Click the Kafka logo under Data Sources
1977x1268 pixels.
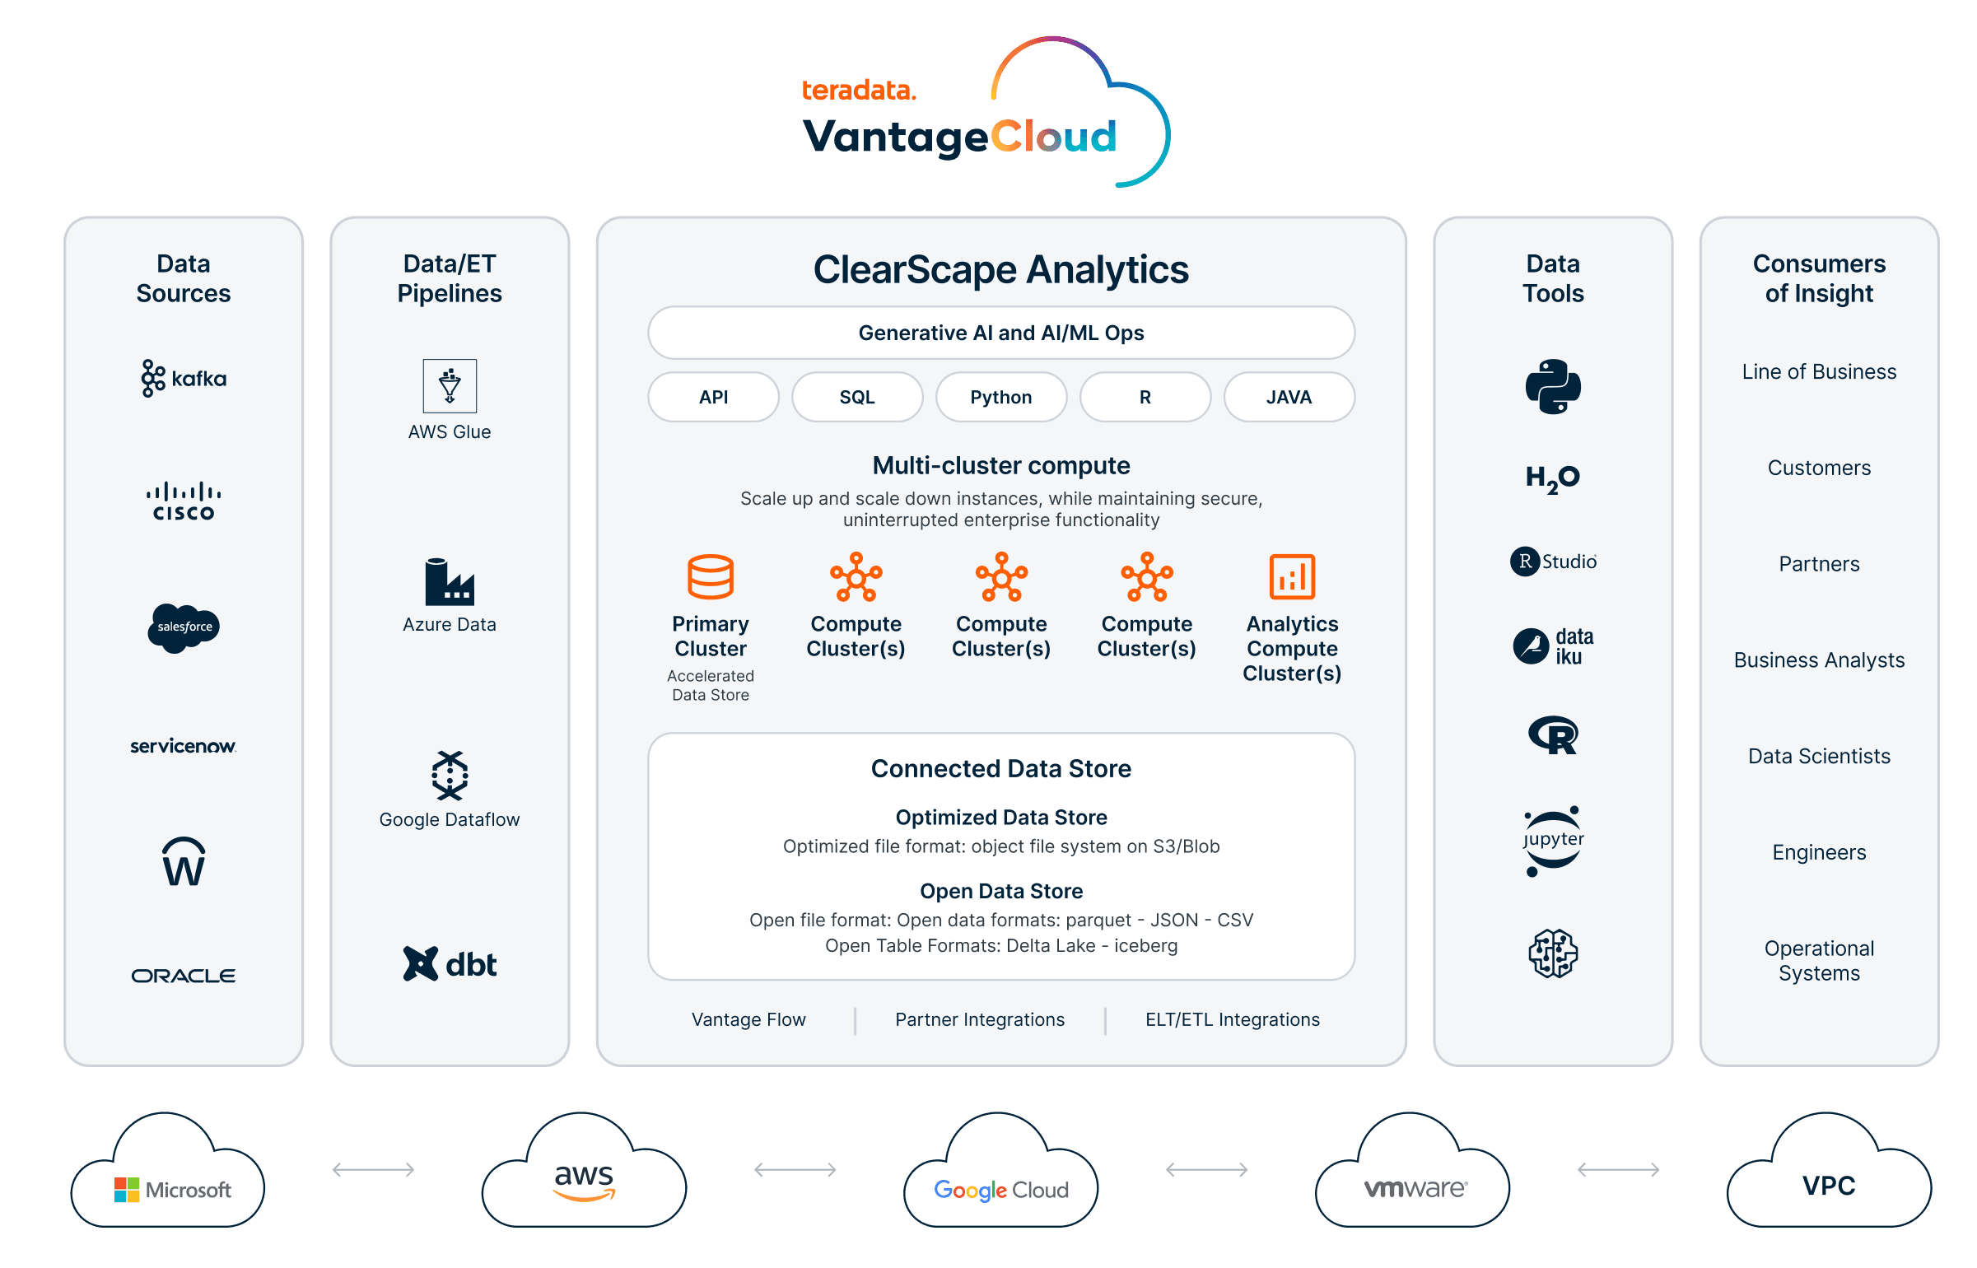(x=183, y=379)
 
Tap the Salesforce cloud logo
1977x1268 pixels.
(x=184, y=627)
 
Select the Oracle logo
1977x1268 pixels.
(x=184, y=976)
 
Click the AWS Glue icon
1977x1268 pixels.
(x=450, y=385)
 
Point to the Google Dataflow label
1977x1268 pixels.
(x=450, y=819)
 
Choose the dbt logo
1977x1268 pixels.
(x=450, y=964)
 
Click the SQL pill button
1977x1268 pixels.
(x=856, y=397)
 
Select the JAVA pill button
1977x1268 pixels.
(x=1289, y=397)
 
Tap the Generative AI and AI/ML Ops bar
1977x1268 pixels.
(x=1001, y=333)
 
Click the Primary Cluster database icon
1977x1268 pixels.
(x=711, y=576)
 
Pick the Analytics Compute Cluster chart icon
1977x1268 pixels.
(x=1292, y=576)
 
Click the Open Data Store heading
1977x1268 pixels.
(x=1001, y=891)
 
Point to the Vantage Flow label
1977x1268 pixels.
(x=748, y=1019)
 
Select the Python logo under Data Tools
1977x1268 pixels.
(x=1553, y=386)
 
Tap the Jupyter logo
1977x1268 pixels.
(x=1553, y=841)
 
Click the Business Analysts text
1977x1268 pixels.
(x=1819, y=660)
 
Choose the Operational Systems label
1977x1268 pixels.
(x=1819, y=961)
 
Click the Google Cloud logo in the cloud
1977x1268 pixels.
(x=1001, y=1190)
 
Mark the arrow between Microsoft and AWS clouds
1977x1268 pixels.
(x=373, y=1169)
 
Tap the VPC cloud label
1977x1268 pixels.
(x=1829, y=1186)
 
